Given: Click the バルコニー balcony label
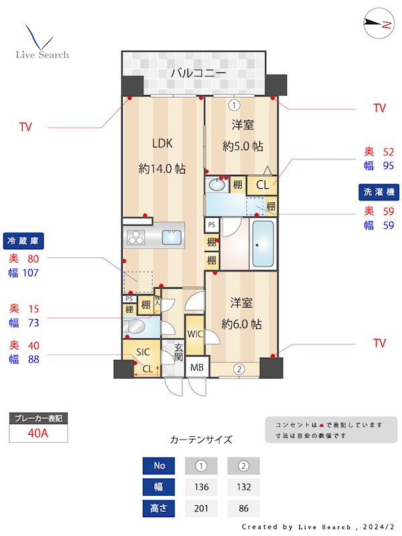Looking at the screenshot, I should [198, 73].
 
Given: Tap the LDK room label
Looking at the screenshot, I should [163, 143].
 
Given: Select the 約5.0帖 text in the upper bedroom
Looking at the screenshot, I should [242, 146].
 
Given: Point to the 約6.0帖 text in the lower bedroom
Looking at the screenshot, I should [242, 324].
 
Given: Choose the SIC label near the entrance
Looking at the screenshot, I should [143, 352].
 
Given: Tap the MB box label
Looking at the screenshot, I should [198, 368].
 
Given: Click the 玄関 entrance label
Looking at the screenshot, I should [179, 352].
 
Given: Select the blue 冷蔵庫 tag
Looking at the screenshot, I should [23, 241].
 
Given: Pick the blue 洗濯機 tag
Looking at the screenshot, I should [380, 192].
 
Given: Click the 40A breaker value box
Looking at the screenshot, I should [38, 433].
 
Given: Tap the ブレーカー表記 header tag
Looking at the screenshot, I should [38, 419].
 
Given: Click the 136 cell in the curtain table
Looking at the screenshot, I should [200, 487].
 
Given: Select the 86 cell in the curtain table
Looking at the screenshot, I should [243, 509].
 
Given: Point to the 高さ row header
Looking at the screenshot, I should [159, 509].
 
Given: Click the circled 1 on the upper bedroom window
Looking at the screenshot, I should [234, 105].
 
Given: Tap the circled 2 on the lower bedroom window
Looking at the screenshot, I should [239, 368].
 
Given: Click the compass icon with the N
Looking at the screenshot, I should [377, 24].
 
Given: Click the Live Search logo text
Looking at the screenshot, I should [42, 54].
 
